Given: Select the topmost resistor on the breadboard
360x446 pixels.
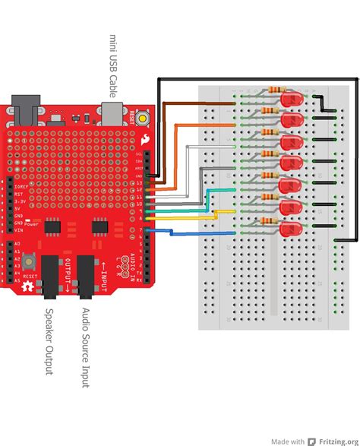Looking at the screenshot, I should coord(267,91).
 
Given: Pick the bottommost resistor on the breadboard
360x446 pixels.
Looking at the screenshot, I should coord(267,221).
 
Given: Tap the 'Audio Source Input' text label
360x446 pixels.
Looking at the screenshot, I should coord(85,349).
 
